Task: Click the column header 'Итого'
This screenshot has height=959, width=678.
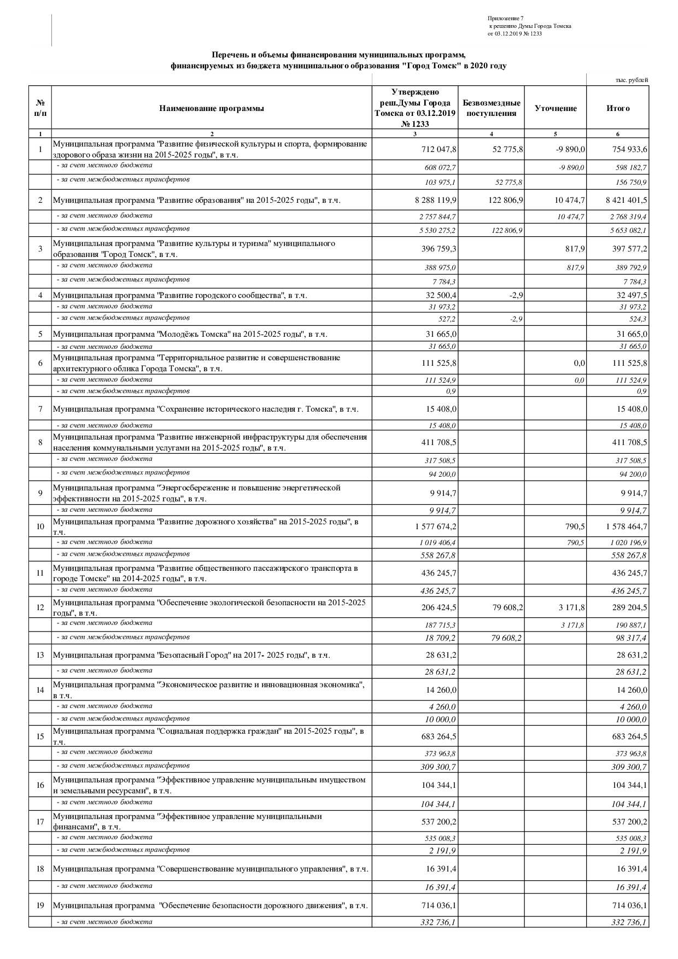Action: click(x=617, y=108)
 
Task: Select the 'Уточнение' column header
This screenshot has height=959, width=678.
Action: click(x=556, y=108)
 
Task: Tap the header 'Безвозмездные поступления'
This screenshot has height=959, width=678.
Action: click(x=491, y=108)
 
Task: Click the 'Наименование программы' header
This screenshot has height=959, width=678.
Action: click(x=212, y=108)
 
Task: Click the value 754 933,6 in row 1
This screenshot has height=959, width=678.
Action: click(x=628, y=149)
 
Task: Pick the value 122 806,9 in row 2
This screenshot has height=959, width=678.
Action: click(x=505, y=200)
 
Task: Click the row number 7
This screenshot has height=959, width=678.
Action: click(x=40, y=409)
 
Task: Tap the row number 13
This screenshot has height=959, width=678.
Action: click(x=40, y=655)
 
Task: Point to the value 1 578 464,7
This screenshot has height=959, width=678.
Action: click(x=626, y=527)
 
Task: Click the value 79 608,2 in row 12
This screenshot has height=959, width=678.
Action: click(x=507, y=607)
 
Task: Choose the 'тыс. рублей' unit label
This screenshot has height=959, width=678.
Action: click(x=632, y=80)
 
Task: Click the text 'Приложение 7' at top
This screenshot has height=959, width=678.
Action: click(x=505, y=19)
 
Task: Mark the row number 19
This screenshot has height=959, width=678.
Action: click(x=40, y=905)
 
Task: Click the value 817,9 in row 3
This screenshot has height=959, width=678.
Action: click(x=575, y=249)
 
